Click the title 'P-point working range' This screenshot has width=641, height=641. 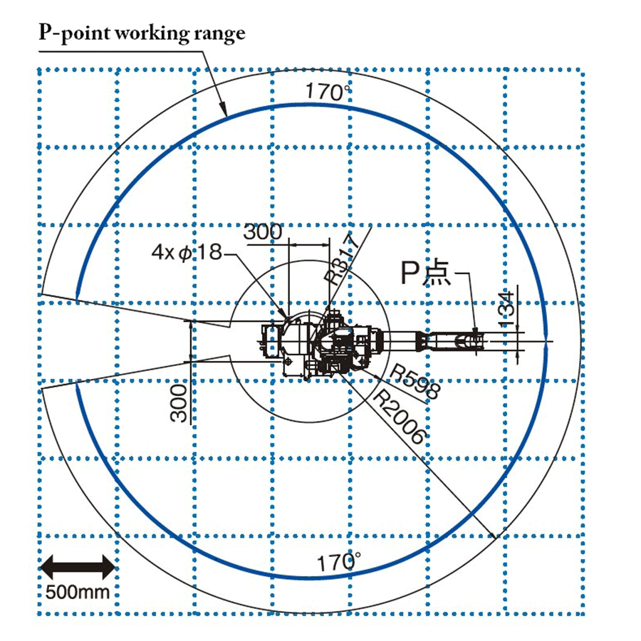coord(142,33)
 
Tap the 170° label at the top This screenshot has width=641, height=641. coord(328,92)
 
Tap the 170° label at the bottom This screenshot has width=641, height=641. coord(339,562)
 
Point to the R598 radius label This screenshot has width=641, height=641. coord(415,382)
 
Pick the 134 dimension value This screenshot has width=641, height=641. coord(506,309)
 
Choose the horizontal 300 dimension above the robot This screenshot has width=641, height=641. coord(262,231)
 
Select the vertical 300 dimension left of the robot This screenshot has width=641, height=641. coord(179,402)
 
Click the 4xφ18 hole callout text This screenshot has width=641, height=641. coord(187,252)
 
